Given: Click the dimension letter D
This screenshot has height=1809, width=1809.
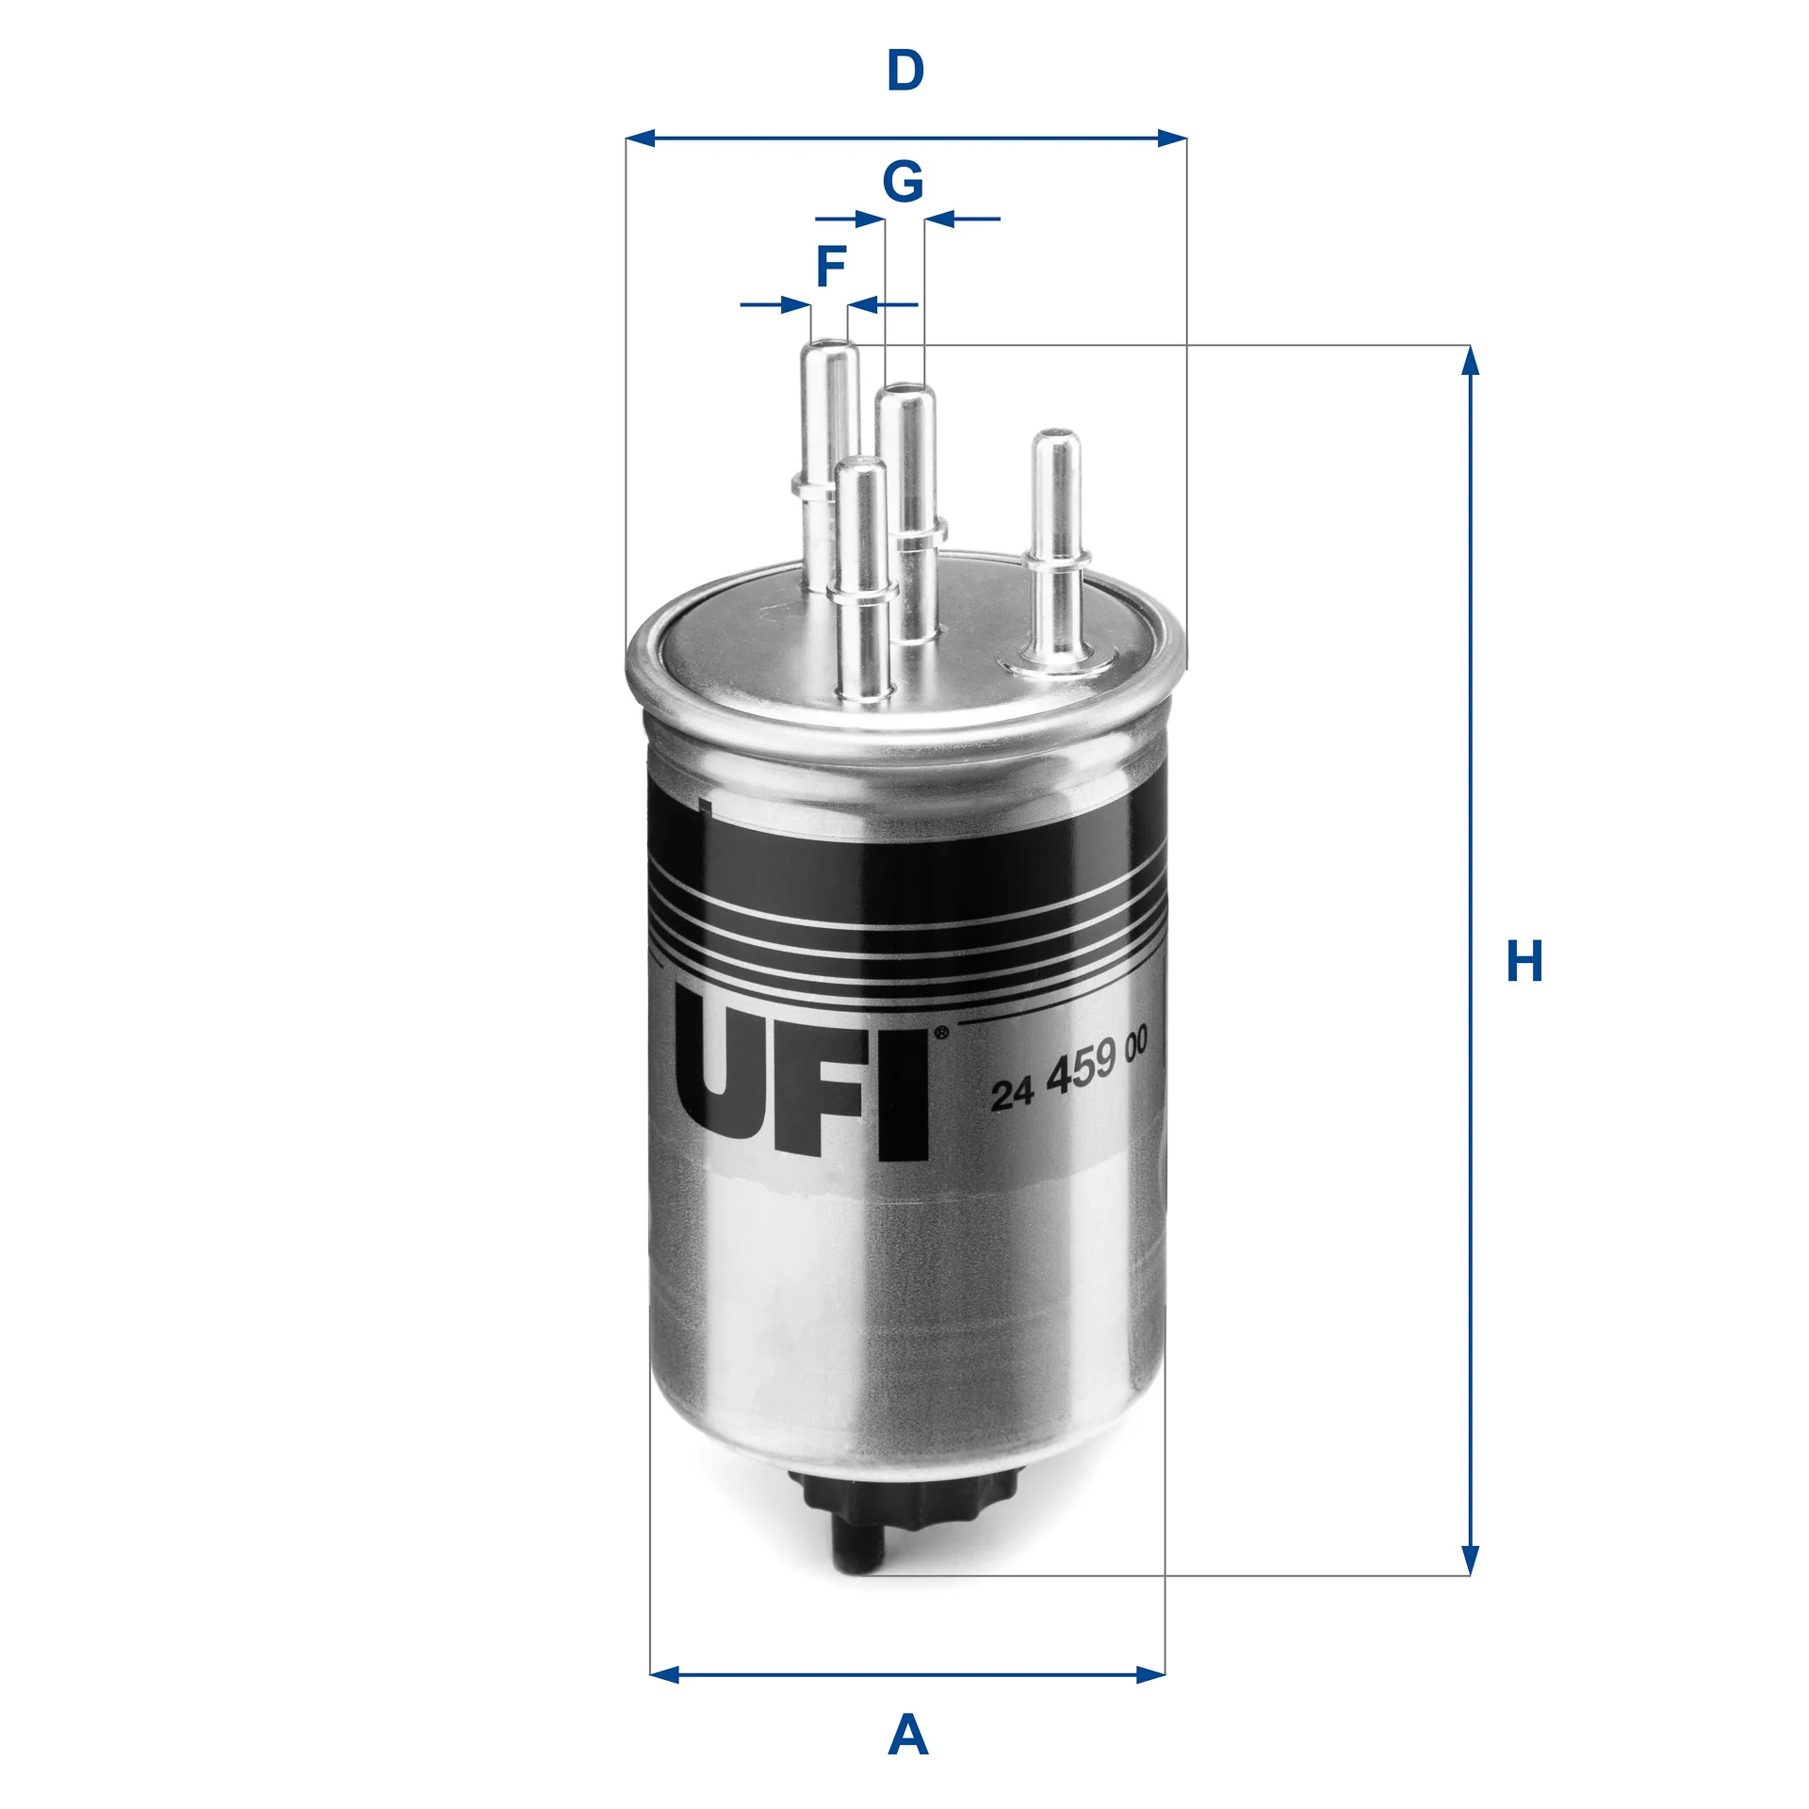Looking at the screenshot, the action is [x=905, y=71].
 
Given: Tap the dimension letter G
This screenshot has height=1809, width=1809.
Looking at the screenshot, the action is [x=903, y=181].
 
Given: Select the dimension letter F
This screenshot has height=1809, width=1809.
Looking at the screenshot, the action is [x=830, y=267].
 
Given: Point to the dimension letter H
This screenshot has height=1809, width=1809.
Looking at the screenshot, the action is [x=1524, y=961].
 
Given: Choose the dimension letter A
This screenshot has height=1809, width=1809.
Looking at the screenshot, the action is [x=907, y=1735].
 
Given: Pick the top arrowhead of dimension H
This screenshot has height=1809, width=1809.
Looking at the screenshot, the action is [x=1470, y=360].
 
